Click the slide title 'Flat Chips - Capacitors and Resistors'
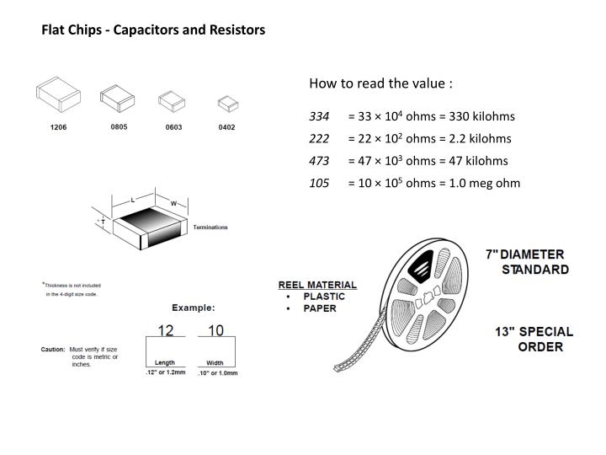pyautogui.click(x=154, y=29)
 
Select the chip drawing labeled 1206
pyautogui.click(x=58, y=99)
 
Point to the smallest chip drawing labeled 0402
pyautogui.click(x=226, y=104)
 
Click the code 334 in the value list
pyautogui.click(x=319, y=116)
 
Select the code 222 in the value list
pyautogui.click(x=319, y=138)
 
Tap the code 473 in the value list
pyautogui.click(x=319, y=160)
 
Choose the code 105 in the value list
pyautogui.click(x=319, y=183)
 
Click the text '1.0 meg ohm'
pyautogui.click(x=487, y=183)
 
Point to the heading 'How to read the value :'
pyautogui.click(x=380, y=83)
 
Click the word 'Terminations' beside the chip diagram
pyautogui.click(x=210, y=227)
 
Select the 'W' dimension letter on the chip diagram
pyautogui.click(x=173, y=203)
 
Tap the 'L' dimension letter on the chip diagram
pyautogui.click(x=133, y=200)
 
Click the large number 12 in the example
pyautogui.click(x=165, y=330)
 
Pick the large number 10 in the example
pyautogui.click(x=215, y=330)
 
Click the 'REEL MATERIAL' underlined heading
pyautogui.click(x=317, y=285)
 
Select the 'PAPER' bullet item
pyautogui.click(x=320, y=308)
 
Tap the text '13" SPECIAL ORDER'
pyautogui.click(x=534, y=339)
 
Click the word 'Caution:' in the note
pyautogui.click(x=53, y=349)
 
